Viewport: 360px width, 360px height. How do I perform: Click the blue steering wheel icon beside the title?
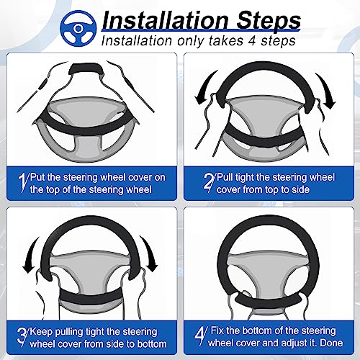78,28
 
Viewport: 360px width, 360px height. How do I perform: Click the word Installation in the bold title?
166,21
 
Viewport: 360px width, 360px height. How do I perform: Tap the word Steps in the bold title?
269,21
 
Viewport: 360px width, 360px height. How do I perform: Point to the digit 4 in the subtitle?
252,40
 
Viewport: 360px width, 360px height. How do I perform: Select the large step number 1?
23,183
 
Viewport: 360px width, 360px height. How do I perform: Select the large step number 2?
209,183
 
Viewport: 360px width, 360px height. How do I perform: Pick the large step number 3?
23,337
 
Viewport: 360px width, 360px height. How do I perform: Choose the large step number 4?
201,336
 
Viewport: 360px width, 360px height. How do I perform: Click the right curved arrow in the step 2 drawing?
326,90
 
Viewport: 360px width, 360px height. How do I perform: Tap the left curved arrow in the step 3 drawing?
31,255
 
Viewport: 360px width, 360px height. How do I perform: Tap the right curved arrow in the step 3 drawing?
149,254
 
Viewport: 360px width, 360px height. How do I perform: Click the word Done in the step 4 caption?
331,343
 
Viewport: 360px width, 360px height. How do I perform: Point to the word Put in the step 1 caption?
37,177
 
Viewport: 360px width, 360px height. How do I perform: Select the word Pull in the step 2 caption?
225,177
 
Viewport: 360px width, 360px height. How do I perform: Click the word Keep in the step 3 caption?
41,332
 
